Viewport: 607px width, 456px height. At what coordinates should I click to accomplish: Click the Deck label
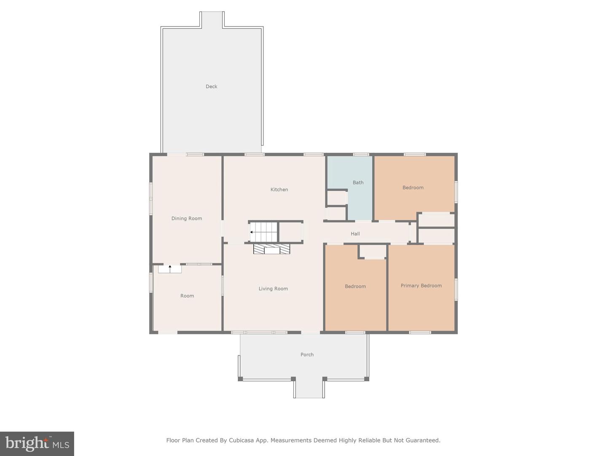211,87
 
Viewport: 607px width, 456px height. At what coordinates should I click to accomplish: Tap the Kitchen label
279,190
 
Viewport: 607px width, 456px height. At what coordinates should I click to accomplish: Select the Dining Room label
187,218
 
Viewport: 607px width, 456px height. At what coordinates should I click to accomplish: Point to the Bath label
358,182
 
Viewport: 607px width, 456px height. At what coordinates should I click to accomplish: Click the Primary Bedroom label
421,285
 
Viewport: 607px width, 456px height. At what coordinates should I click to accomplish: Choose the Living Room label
273,288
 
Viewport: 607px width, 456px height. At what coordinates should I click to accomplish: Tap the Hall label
355,233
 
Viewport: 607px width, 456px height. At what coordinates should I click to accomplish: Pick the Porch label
307,354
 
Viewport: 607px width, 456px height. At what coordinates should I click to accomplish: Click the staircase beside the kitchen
263,232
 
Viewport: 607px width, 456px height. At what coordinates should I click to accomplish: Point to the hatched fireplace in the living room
271,249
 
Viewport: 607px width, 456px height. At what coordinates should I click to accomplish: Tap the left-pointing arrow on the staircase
252,232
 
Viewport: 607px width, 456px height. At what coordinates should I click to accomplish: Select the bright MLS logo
37,444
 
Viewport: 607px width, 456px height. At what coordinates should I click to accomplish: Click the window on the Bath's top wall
361,154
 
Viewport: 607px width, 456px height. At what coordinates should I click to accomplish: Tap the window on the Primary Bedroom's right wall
456,289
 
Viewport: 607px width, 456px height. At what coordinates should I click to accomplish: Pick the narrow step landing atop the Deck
212,19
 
